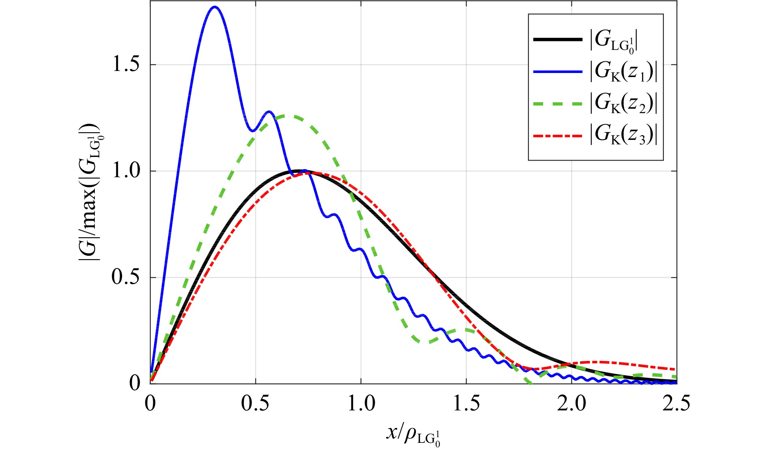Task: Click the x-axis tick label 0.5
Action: (x=255, y=404)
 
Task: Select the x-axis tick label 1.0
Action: (x=361, y=404)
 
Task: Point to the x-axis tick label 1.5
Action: (x=466, y=404)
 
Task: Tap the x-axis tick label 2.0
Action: (x=571, y=404)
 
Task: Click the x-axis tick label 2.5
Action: (x=676, y=404)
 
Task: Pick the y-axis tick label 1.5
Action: (x=125, y=64)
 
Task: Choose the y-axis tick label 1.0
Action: (x=125, y=171)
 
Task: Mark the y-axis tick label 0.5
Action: (x=125, y=277)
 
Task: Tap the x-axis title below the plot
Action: (x=413, y=436)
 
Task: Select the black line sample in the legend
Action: (x=558, y=39)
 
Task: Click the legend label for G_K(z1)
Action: (x=623, y=72)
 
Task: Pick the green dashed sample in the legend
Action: (x=558, y=104)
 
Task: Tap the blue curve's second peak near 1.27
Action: (x=268, y=112)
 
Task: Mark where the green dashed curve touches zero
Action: (x=529, y=382)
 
